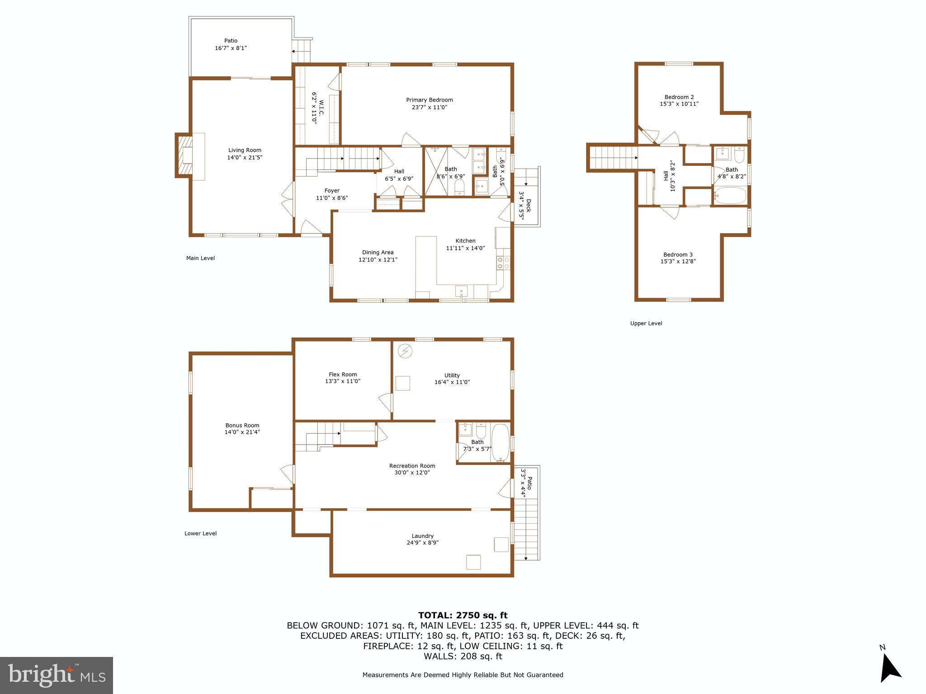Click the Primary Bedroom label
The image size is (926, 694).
tap(429, 100)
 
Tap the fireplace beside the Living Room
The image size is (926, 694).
tap(184, 155)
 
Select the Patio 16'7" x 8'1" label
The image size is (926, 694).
tap(231, 44)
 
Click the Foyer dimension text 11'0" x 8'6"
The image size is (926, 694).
tap(331, 198)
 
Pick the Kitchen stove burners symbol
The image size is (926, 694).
tap(503, 263)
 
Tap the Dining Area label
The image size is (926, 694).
tap(378, 253)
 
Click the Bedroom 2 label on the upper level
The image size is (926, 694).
tap(679, 97)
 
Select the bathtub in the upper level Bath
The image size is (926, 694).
tap(730, 196)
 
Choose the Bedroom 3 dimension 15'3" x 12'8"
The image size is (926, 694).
tap(678, 261)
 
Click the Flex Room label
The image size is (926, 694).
tap(343, 375)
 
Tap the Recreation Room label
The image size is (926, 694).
tap(412, 466)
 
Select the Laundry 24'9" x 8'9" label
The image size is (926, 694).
tap(422, 539)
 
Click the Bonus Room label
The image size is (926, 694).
tap(242, 425)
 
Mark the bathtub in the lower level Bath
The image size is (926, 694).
tap(500, 442)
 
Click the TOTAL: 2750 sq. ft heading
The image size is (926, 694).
tap(463, 615)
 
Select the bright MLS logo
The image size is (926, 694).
tap(57, 675)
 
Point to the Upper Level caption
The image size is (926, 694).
tap(646, 324)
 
